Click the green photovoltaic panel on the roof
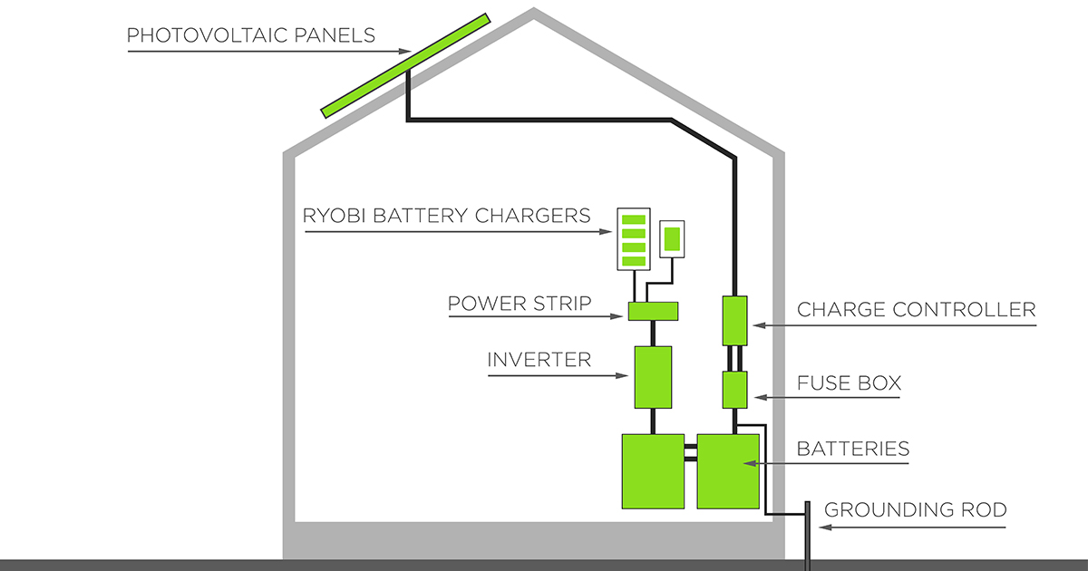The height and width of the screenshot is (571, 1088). (x=406, y=65)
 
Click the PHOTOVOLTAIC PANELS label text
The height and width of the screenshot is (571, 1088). (x=251, y=36)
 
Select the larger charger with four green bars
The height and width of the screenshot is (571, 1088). (x=633, y=239)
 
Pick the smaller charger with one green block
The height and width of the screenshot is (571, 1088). (x=672, y=239)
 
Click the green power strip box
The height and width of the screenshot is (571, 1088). (x=653, y=312)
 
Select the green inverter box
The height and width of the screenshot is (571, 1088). (x=653, y=376)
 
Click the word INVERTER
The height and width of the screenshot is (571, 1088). (x=539, y=360)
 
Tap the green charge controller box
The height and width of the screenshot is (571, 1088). (x=734, y=320)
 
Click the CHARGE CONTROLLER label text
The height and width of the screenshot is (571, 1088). (x=916, y=310)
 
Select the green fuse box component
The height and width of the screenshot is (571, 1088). (x=734, y=390)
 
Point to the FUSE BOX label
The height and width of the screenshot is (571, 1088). (x=849, y=383)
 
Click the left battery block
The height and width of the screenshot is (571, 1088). (x=653, y=470)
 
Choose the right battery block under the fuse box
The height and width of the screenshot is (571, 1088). (x=727, y=470)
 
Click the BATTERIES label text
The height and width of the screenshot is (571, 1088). (x=852, y=449)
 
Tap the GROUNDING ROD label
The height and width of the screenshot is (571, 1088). (x=915, y=510)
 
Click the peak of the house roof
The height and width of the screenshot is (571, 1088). (x=534, y=14)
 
